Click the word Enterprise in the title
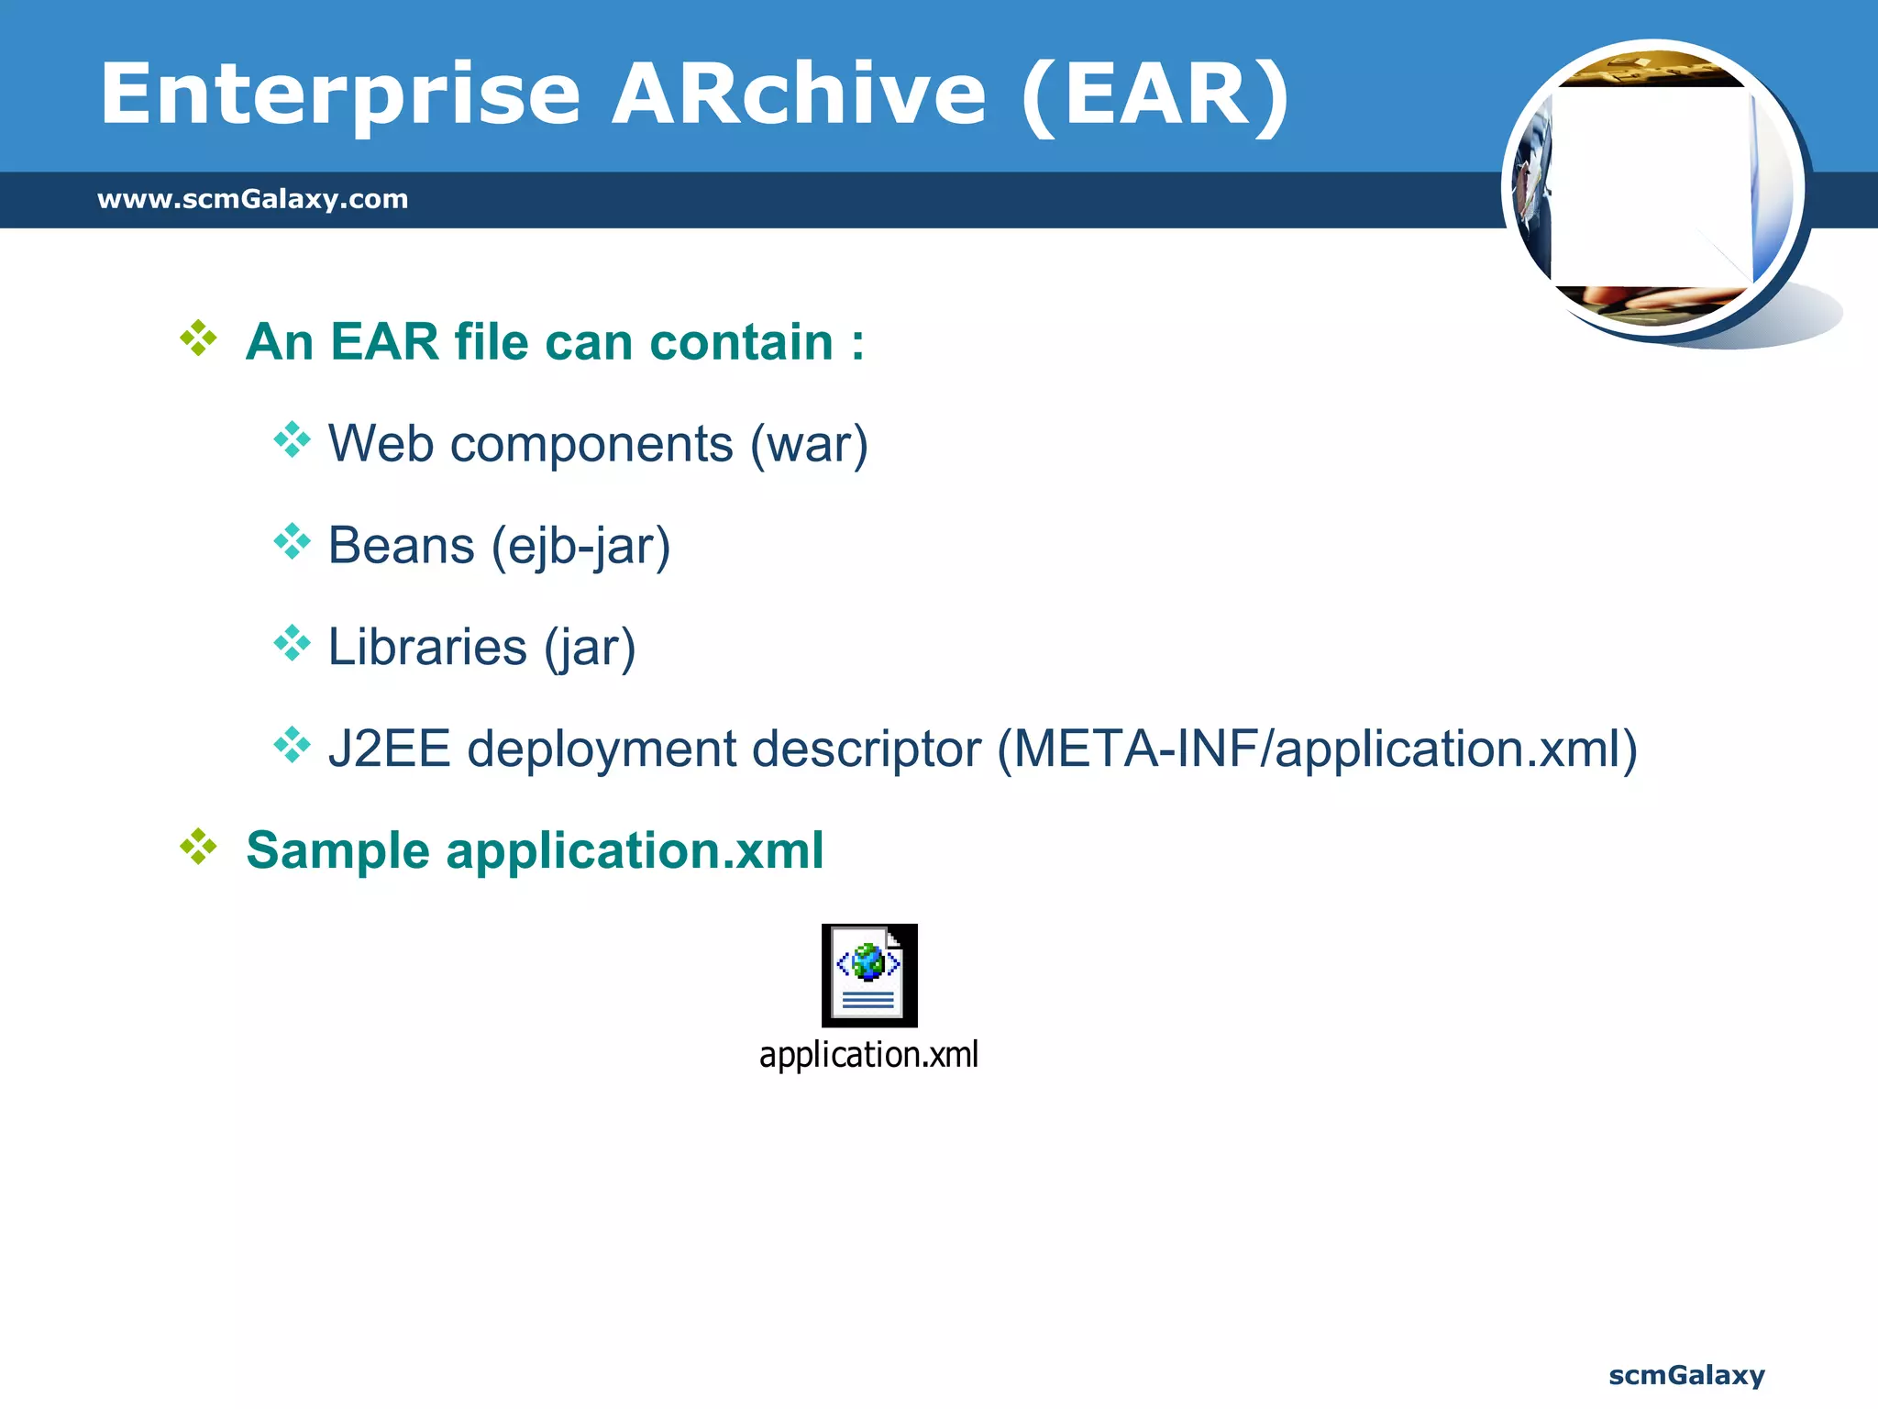coord(339,94)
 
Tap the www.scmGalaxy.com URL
coord(252,199)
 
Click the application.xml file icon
coord(869,975)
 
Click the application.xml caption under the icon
coord(868,1055)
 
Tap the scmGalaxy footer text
coord(1685,1375)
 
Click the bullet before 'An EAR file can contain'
coord(198,338)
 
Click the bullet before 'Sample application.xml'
coord(198,847)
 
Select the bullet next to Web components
coord(292,440)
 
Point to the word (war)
coord(809,445)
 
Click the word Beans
coord(401,546)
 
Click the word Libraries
coord(427,647)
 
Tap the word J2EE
coord(389,749)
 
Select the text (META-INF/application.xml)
coord(1317,749)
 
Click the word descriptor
coord(866,749)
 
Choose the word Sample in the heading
coord(337,850)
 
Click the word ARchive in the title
coord(799,94)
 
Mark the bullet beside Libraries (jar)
coord(292,643)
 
